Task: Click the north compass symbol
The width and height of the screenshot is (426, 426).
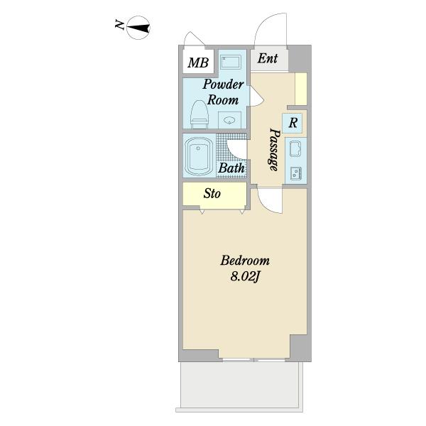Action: tap(138, 28)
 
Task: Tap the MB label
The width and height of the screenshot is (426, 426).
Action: tap(198, 62)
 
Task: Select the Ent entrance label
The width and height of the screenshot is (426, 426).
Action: tap(268, 58)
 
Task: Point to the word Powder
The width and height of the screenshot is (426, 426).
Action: tap(223, 84)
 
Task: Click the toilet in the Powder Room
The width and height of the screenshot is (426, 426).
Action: tap(199, 114)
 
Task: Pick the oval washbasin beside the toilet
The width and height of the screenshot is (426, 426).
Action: tap(229, 120)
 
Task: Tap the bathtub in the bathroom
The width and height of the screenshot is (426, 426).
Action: tap(199, 156)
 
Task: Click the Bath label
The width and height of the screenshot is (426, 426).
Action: tap(231, 168)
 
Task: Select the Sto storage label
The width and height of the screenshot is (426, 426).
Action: tap(212, 194)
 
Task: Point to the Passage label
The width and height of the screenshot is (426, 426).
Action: tap(274, 149)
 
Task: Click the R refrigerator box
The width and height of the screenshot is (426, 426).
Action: tap(293, 123)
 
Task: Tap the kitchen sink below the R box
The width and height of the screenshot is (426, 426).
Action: tap(295, 148)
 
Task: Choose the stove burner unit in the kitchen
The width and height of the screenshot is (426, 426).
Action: tap(295, 173)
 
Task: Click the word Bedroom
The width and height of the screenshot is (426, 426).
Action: tap(245, 261)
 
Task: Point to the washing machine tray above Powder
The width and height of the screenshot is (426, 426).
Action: tap(230, 62)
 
